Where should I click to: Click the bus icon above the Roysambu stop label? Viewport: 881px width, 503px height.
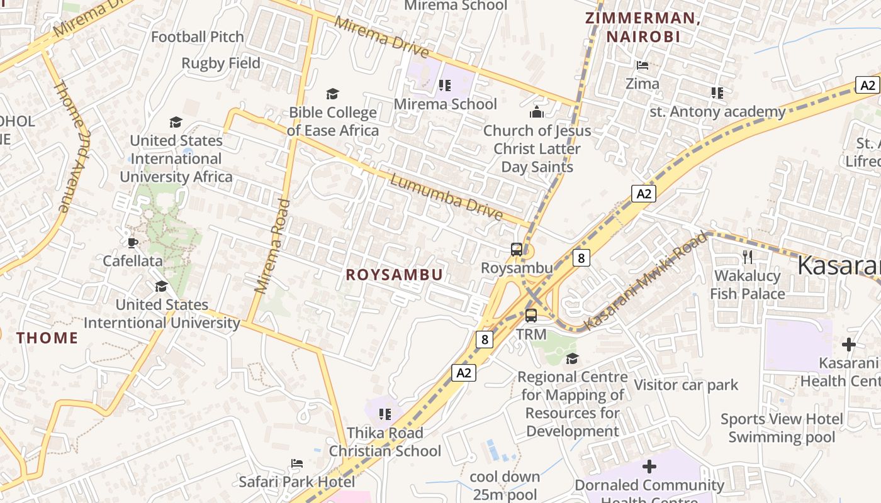[516, 250]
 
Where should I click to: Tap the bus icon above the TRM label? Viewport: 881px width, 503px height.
[531, 316]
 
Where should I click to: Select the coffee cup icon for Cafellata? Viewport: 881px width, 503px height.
[132, 243]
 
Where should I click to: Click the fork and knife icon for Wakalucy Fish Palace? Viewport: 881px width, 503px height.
[747, 257]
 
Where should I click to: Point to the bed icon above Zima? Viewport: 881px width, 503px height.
[642, 65]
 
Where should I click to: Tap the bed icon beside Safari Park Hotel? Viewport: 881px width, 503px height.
[297, 463]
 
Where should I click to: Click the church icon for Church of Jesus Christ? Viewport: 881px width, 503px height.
[536, 112]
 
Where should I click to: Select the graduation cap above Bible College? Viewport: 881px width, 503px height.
[332, 94]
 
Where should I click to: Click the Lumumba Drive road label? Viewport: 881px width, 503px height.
[446, 197]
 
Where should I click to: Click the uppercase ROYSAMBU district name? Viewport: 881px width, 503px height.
[395, 275]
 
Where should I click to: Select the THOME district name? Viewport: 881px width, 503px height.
[47, 338]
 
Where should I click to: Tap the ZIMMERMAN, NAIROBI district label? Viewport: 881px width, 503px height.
[643, 27]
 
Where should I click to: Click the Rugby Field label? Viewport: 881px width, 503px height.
[221, 64]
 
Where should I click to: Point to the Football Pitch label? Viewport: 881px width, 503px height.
[197, 37]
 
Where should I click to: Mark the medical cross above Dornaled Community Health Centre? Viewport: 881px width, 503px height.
[649, 467]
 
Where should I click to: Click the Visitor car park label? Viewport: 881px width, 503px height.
[686, 385]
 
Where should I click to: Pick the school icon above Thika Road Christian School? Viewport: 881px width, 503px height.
[384, 414]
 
